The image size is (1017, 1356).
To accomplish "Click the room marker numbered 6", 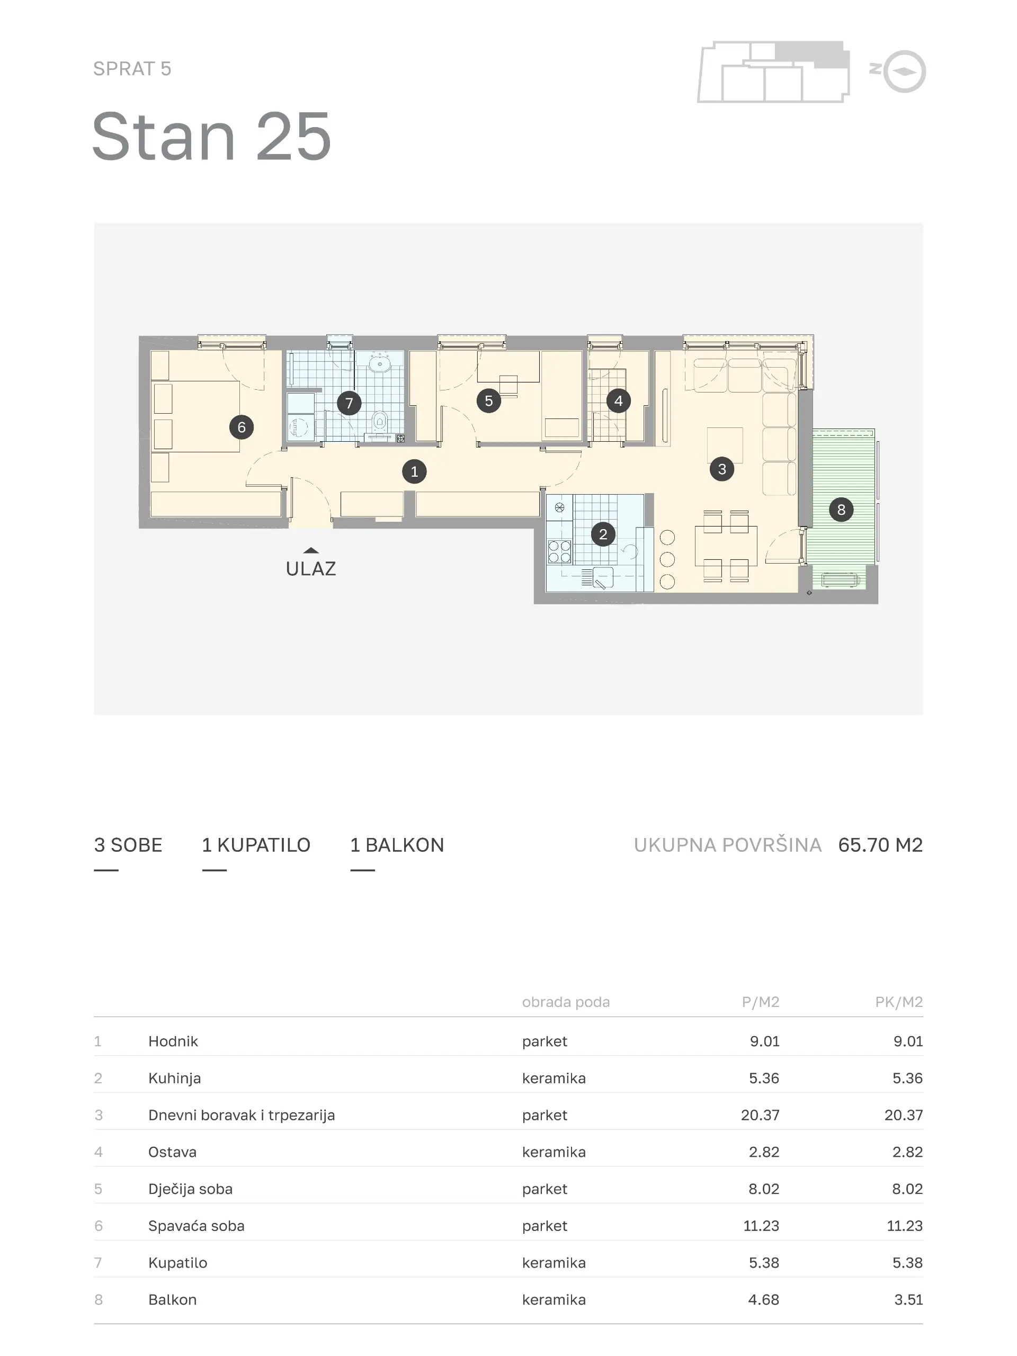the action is coord(242,427).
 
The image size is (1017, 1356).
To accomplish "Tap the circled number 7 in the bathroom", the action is coord(350,404).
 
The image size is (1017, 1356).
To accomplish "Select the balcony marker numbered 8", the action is coord(841,510).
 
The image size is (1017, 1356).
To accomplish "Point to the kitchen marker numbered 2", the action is coord(603,534).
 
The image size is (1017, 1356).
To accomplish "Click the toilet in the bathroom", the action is coord(380,421).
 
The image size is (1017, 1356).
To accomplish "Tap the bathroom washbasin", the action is coord(380,364).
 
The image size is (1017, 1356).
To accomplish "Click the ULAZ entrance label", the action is coord(311,569).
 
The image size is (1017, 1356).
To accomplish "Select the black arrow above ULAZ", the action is coord(311,550).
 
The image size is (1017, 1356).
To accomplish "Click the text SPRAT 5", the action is coord(132,69).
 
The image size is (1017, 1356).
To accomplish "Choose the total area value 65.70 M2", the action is coord(880,845).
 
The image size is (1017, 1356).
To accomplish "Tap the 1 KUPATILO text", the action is coord(256,845).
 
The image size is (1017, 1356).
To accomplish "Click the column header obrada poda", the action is coord(566,1002).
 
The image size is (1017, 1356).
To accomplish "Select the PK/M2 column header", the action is coord(899,1002).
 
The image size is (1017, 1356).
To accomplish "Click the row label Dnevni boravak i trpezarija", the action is coord(242,1115).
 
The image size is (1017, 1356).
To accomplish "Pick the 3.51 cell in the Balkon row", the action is coord(908,1300).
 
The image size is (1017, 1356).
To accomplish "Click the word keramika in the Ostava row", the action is coord(554,1152).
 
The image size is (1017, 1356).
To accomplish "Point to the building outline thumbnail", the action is coord(774,72).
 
